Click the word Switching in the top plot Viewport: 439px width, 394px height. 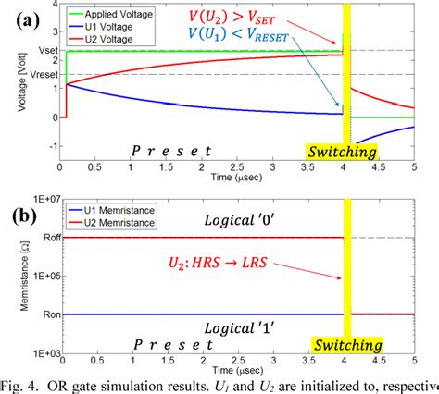coord(342,151)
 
